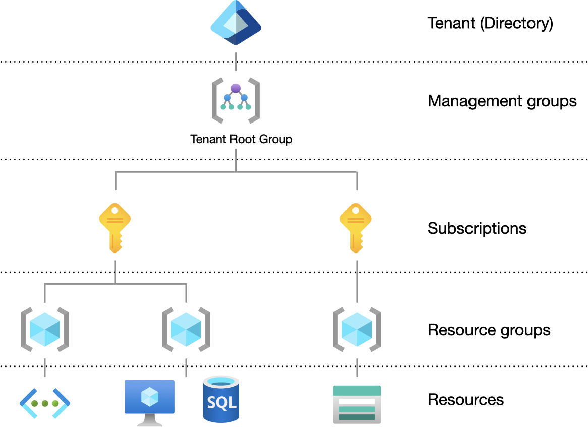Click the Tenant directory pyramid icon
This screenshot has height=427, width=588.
(x=236, y=24)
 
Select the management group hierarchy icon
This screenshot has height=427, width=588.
(x=236, y=100)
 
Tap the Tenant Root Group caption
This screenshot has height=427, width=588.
(x=241, y=139)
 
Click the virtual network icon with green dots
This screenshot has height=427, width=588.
(x=45, y=403)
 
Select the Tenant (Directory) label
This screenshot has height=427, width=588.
(x=490, y=23)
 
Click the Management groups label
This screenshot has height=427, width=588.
(x=502, y=101)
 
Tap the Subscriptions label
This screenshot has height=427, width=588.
(x=477, y=228)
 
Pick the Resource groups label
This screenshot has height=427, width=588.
(x=489, y=330)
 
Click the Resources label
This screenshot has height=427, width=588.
(x=465, y=400)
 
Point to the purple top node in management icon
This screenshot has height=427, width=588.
(x=236, y=89)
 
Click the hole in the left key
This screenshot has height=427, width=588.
(x=115, y=210)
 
